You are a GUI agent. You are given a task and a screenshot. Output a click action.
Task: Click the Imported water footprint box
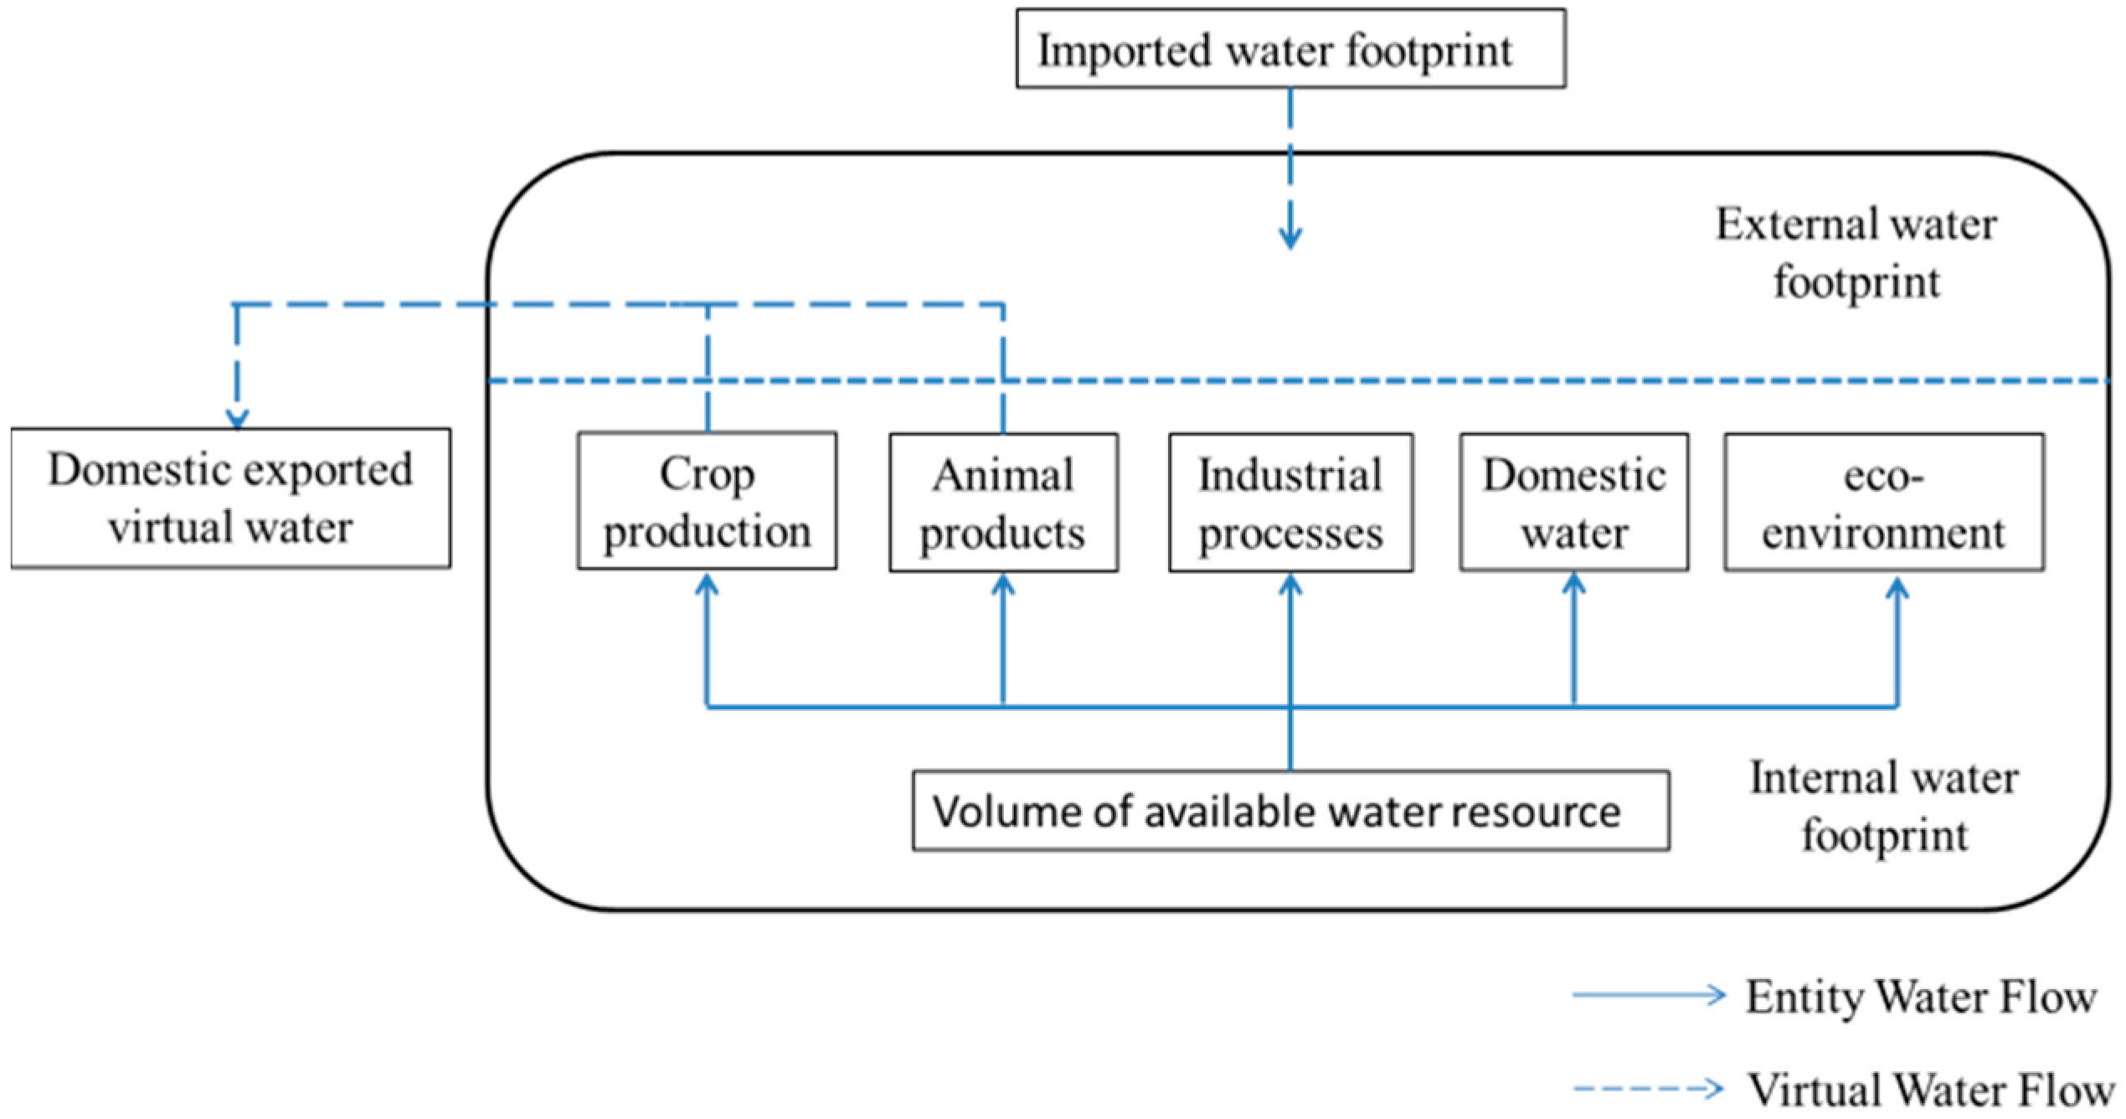1289,49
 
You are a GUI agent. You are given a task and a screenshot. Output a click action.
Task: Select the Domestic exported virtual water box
230,498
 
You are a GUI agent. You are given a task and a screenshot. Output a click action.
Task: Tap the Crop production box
707,501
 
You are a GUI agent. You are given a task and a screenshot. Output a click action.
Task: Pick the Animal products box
1003,503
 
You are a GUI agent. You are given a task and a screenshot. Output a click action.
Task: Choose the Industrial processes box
1290,503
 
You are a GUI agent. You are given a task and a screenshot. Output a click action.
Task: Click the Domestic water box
1573,503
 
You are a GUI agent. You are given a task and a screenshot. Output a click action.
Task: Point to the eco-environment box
1883,503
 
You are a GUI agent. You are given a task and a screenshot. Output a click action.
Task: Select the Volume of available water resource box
1290,811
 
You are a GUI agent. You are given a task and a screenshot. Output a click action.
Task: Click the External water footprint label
1856,252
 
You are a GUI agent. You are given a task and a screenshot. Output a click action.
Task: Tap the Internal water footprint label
1884,806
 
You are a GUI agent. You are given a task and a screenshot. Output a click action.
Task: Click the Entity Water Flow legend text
1921,997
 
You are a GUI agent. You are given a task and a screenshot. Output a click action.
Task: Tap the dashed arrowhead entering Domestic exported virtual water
237,418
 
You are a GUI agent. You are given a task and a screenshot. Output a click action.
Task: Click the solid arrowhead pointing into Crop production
707,584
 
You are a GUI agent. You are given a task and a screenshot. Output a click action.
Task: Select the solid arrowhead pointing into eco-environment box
1897,587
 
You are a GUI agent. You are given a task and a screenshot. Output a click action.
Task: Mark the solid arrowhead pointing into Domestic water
1573,584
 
